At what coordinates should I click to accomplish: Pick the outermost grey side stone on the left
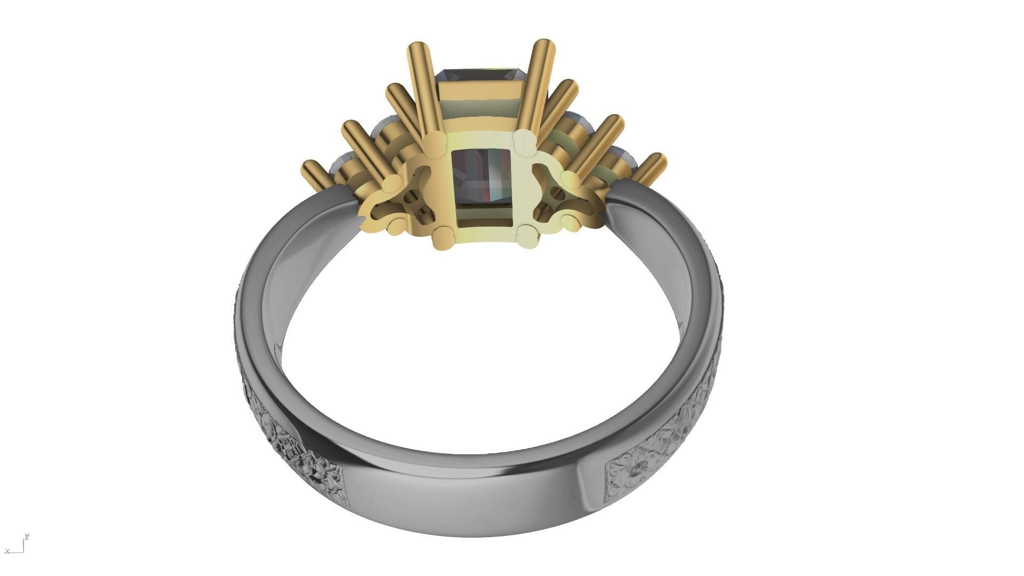point(341,163)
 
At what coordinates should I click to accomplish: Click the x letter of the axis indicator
point(7,551)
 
